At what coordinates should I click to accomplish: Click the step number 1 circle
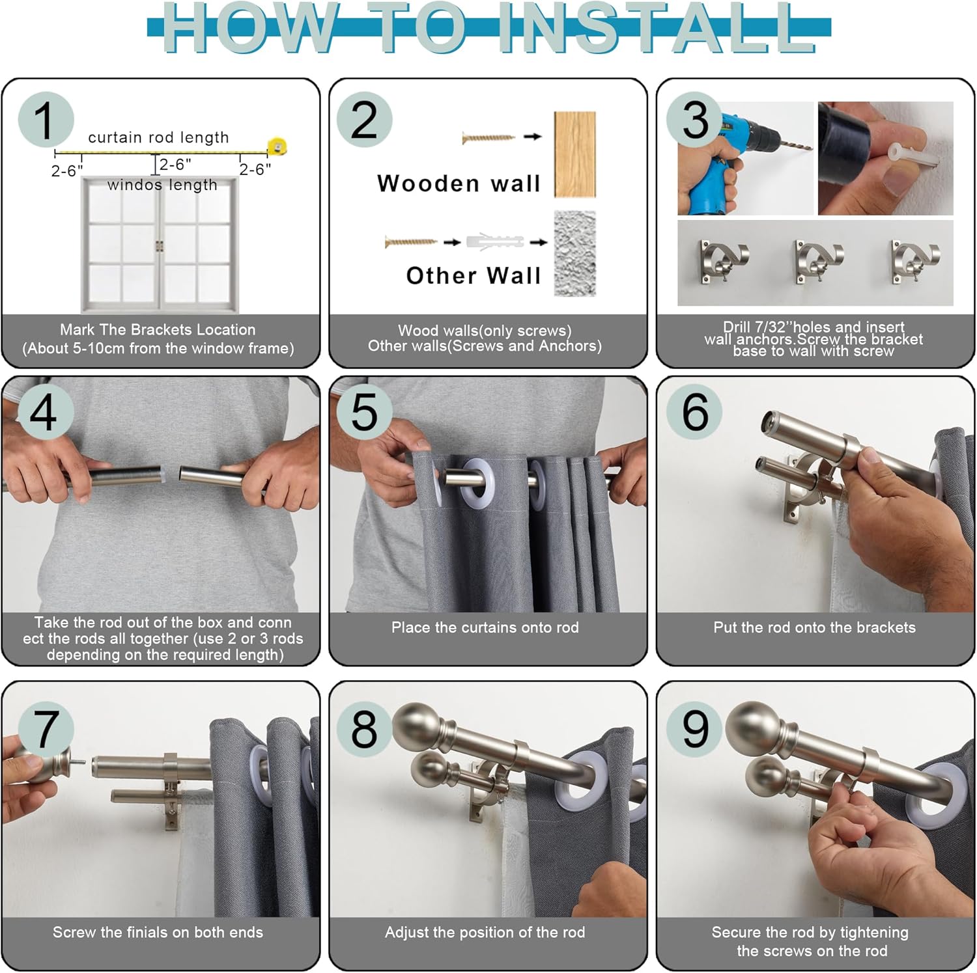coord(46,120)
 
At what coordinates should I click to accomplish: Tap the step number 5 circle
coord(364,413)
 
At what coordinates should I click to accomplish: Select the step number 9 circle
coord(695,729)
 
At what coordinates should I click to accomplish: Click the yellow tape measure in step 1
coord(277,146)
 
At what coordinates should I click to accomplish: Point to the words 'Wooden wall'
coord(459,184)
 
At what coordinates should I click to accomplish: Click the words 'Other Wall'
coord(474,275)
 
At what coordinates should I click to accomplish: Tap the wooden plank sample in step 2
coord(574,154)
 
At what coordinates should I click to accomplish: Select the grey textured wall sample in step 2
coord(574,253)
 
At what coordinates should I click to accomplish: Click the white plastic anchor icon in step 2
coord(495,241)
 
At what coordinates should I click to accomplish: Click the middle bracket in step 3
coord(818,262)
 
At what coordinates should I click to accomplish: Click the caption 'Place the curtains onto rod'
coord(485,627)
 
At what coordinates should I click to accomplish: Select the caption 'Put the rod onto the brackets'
coord(814,627)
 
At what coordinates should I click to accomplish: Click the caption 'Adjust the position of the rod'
coord(485,932)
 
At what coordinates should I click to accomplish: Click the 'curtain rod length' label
coord(158,137)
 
